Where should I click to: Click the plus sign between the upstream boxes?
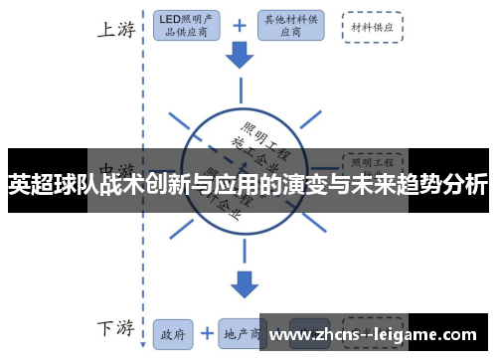(x=240, y=26)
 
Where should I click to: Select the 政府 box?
(x=173, y=333)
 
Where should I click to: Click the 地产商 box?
(x=240, y=333)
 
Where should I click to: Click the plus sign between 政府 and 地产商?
(x=206, y=333)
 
